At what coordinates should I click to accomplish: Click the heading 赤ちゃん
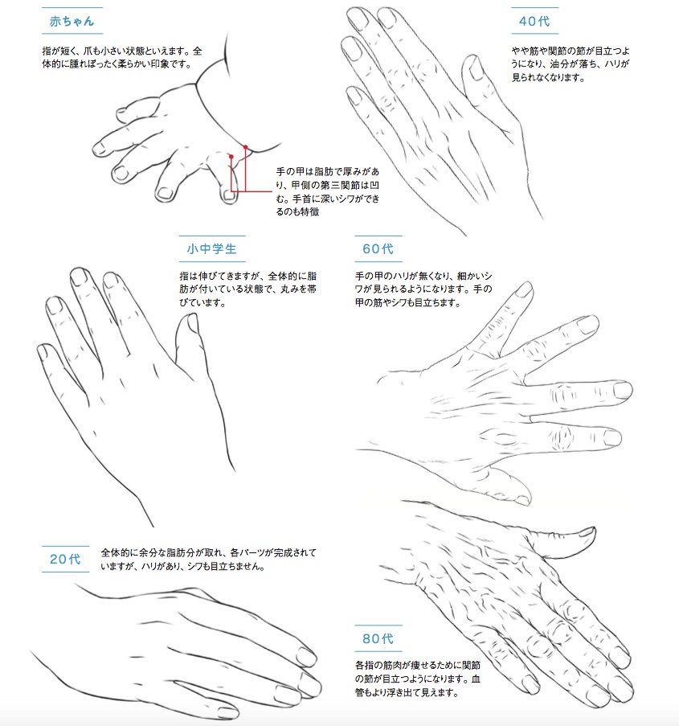pos(72,21)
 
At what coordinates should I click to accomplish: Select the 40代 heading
pos(534,21)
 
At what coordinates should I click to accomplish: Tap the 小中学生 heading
pos(212,249)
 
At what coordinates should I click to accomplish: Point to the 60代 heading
pos(378,249)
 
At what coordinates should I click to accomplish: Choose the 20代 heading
pos(65,559)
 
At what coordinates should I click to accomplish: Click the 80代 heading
pos(378,639)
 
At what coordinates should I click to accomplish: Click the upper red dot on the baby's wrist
pos(246,147)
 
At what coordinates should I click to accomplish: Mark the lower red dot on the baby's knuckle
pos(231,157)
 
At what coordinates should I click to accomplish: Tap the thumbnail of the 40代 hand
pos(476,69)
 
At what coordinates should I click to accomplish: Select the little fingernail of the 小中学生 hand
pos(43,351)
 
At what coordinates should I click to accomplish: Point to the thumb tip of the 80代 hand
pos(591,531)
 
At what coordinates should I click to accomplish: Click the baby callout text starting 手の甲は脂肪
pos(328,191)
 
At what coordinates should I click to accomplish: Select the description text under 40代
pos(571,64)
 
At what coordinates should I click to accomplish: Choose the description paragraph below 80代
pos(418,679)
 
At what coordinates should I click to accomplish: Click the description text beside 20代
pos(208,560)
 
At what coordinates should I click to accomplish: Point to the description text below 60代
pos(424,289)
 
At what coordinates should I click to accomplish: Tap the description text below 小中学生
pos(248,289)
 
